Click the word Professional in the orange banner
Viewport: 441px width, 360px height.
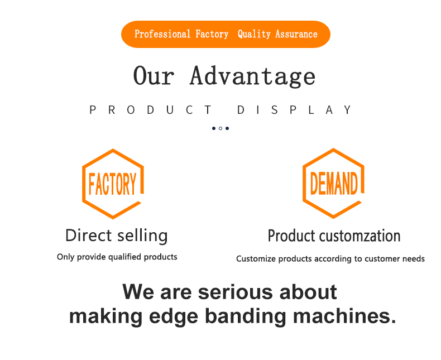click(162, 34)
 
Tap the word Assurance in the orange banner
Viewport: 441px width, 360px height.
click(296, 34)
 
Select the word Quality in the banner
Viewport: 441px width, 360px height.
click(254, 34)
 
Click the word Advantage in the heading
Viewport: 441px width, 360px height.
click(252, 76)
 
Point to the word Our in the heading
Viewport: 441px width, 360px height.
click(154, 75)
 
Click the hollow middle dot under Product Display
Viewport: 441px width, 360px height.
click(220, 128)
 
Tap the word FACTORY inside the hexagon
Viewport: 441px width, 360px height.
click(113, 184)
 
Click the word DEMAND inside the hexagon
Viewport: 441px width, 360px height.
click(334, 183)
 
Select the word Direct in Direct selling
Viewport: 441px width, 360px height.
click(89, 235)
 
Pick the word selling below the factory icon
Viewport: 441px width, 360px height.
click(142, 236)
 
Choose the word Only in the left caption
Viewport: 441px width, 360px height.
click(66, 257)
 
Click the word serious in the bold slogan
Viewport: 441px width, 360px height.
click(236, 292)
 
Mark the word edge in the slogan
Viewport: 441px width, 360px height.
click(174, 316)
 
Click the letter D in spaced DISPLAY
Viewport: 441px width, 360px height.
click(241, 110)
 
